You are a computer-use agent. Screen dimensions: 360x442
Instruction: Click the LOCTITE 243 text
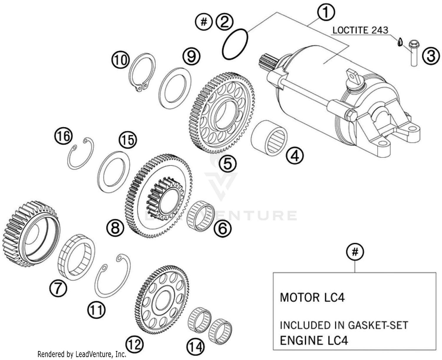[360, 30]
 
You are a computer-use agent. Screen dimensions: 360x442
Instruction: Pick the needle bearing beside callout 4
[269, 137]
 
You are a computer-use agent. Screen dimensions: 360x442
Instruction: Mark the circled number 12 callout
[135, 344]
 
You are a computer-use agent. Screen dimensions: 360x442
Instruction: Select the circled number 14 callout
[196, 346]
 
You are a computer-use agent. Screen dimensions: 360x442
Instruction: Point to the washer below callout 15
[113, 172]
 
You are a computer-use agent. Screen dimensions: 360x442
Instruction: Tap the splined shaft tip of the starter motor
[267, 62]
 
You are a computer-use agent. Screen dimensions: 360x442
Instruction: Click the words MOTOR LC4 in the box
[312, 297]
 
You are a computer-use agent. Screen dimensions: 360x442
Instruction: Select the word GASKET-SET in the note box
[378, 325]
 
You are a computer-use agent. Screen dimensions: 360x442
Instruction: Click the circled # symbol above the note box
[355, 252]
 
